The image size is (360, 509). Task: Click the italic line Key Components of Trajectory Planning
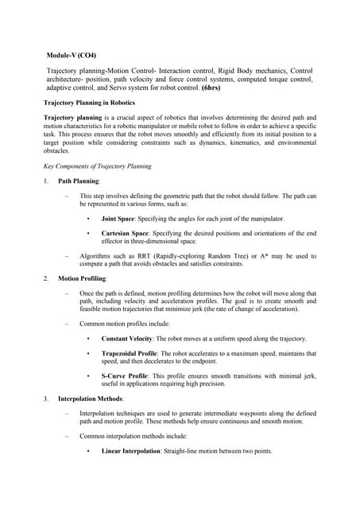point(96,165)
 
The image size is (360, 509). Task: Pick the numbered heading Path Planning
point(79,181)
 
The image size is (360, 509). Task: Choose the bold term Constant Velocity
point(129,339)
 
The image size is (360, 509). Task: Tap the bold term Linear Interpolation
point(131,451)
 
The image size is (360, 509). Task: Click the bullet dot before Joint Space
point(87,218)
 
